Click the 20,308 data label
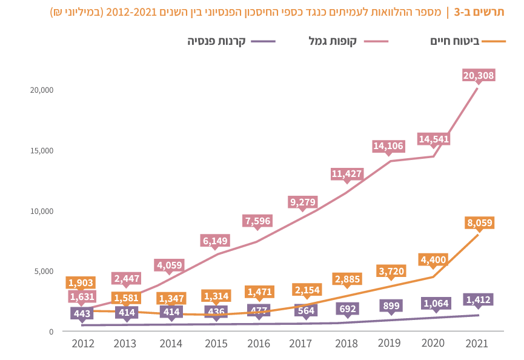[x=479, y=76]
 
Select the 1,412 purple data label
[x=479, y=299]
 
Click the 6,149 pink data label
[x=216, y=241]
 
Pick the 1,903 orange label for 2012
[x=81, y=282]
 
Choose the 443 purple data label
[x=81, y=313]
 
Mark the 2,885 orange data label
[x=347, y=279]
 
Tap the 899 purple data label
[x=390, y=306]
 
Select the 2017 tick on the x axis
[x=301, y=344]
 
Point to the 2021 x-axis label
[x=477, y=344]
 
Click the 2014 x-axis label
[x=171, y=344]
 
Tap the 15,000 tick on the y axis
[x=42, y=150]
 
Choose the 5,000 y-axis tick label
[x=44, y=271]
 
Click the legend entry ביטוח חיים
[x=455, y=41]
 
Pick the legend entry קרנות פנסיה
[x=216, y=41]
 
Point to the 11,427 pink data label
[x=347, y=174]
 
